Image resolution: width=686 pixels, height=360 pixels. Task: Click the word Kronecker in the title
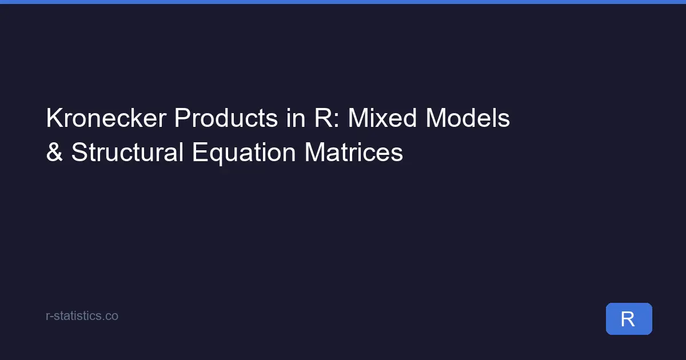(x=106, y=119)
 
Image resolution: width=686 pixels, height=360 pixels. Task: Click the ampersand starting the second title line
(x=54, y=153)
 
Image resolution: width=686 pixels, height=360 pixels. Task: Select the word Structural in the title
(x=127, y=153)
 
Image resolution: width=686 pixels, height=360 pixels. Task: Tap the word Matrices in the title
(x=354, y=153)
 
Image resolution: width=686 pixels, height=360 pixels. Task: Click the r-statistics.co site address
(x=82, y=315)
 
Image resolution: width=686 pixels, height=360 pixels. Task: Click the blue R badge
(x=628, y=319)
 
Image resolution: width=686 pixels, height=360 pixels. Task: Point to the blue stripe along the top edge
(x=343, y=2)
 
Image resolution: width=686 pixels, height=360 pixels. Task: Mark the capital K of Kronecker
(x=53, y=119)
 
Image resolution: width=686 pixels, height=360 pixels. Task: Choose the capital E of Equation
(x=198, y=153)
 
